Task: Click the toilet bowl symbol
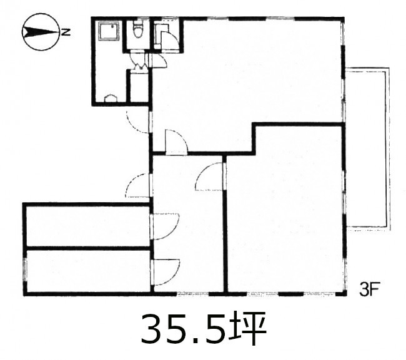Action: point(137,28)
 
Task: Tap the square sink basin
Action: point(109,31)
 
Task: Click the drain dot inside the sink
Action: point(112,26)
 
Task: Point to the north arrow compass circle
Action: point(41,32)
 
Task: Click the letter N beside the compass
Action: point(66,32)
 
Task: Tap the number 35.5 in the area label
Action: point(183,329)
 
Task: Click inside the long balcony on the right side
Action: point(367,148)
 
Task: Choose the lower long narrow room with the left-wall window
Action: point(88,271)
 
